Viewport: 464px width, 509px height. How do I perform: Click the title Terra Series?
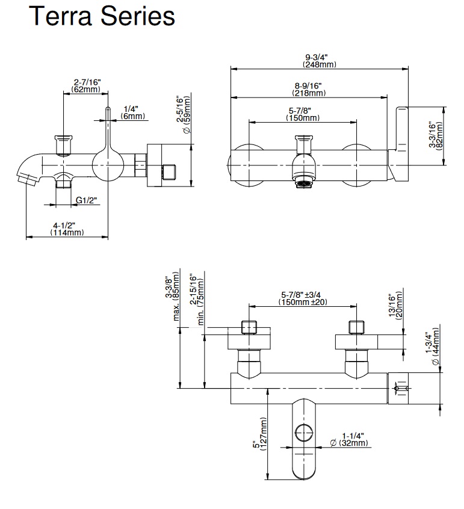tap(102, 17)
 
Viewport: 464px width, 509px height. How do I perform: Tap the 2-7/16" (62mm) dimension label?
tap(86, 85)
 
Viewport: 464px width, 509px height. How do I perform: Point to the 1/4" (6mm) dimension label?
tap(131, 112)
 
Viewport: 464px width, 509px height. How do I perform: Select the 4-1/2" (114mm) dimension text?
tap(66, 229)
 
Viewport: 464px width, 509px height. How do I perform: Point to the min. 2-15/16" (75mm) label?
tap(197, 300)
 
